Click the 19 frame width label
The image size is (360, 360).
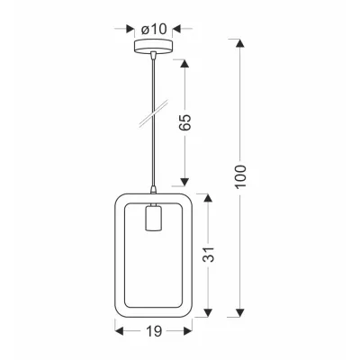click(153, 332)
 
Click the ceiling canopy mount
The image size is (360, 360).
click(154, 49)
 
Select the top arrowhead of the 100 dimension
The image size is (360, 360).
click(240, 41)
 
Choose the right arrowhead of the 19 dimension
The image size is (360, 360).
click(189, 332)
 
